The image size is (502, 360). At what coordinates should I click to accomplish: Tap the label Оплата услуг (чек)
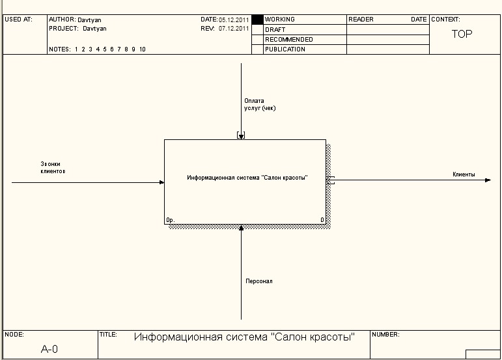(x=259, y=104)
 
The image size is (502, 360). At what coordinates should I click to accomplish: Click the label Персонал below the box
(x=258, y=281)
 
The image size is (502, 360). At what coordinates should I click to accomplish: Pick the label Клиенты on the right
(x=464, y=174)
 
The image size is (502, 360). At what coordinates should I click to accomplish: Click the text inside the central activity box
(x=247, y=178)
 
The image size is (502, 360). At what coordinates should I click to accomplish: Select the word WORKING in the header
(x=280, y=20)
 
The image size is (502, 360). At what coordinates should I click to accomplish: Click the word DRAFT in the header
(x=275, y=30)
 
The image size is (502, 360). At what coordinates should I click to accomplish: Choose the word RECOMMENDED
(x=289, y=40)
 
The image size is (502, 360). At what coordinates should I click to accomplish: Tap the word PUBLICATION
(x=285, y=49)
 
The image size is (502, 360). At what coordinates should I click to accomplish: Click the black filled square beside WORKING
(x=257, y=20)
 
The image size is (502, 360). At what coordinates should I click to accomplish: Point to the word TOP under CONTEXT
(x=462, y=35)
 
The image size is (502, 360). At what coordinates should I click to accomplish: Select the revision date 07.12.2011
(x=234, y=29)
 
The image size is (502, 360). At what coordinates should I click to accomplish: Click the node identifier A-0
(x=49, y=350)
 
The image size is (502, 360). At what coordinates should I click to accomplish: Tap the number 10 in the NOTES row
(x=142, y=49)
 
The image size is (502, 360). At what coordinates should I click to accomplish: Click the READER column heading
(x=361, y=20)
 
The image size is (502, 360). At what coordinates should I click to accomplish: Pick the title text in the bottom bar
(x=244, y=337)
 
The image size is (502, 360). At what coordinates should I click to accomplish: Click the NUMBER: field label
(x=385, y=335)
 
